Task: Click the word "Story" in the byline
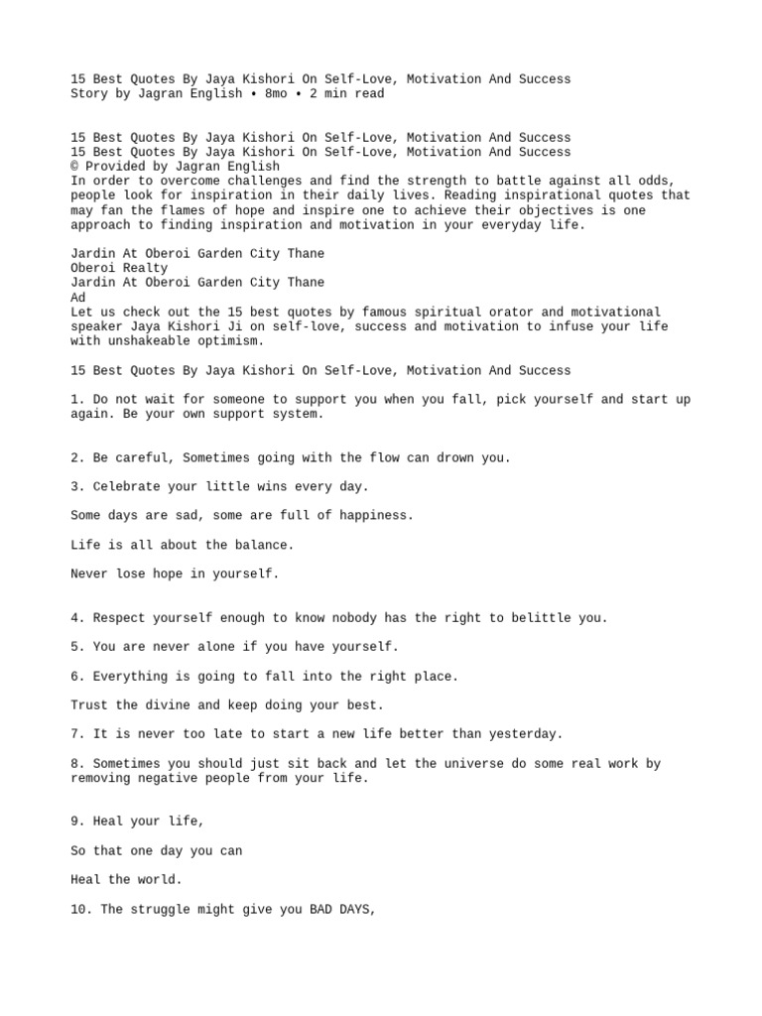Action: [x=89, y=94]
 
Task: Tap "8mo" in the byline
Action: [x=276, y=94]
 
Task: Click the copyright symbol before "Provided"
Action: [x=74, y=167]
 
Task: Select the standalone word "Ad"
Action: [x=78, y=298]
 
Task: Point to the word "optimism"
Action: [x=231, y=341]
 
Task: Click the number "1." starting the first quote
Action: [x=77, y=400]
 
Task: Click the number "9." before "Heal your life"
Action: [x=77, y=822]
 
